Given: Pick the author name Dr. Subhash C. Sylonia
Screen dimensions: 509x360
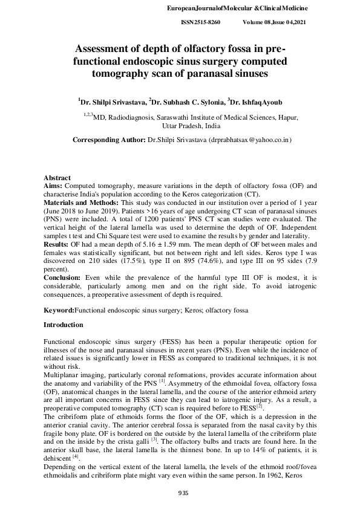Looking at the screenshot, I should coord(186,103).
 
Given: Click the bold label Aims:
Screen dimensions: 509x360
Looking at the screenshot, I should coord(53,186).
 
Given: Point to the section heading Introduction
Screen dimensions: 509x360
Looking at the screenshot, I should coord(64,325).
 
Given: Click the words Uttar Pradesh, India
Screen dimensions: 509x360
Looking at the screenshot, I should coord(191,127).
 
